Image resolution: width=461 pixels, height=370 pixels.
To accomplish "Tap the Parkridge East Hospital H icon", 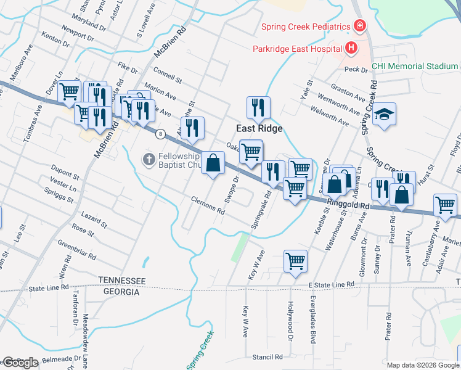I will tap(351, 47).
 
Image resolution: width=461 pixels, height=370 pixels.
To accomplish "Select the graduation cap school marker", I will tap(384, 115).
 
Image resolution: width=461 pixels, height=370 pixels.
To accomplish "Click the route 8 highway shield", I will tap(160, 133).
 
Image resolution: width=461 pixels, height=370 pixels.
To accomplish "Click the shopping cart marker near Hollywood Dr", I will tap(295, 260).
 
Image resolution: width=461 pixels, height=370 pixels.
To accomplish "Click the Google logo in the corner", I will tap(20, 363).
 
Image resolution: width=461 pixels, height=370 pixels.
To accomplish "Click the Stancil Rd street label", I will tap(267, 357).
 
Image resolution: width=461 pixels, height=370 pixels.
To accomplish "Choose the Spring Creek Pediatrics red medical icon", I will tap(358, 27).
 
